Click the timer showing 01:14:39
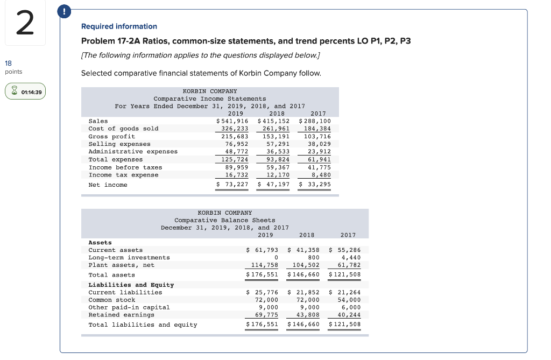pos(25,92)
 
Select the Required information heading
pos(119,26)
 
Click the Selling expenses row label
pos(119,144)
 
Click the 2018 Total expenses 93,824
pos(277,159)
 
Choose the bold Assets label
pos(100,243)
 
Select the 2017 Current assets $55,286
pos(344,250)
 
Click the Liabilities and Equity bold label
pos(131,285)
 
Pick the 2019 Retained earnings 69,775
pos(266,315)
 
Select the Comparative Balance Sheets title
pos(224,220)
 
